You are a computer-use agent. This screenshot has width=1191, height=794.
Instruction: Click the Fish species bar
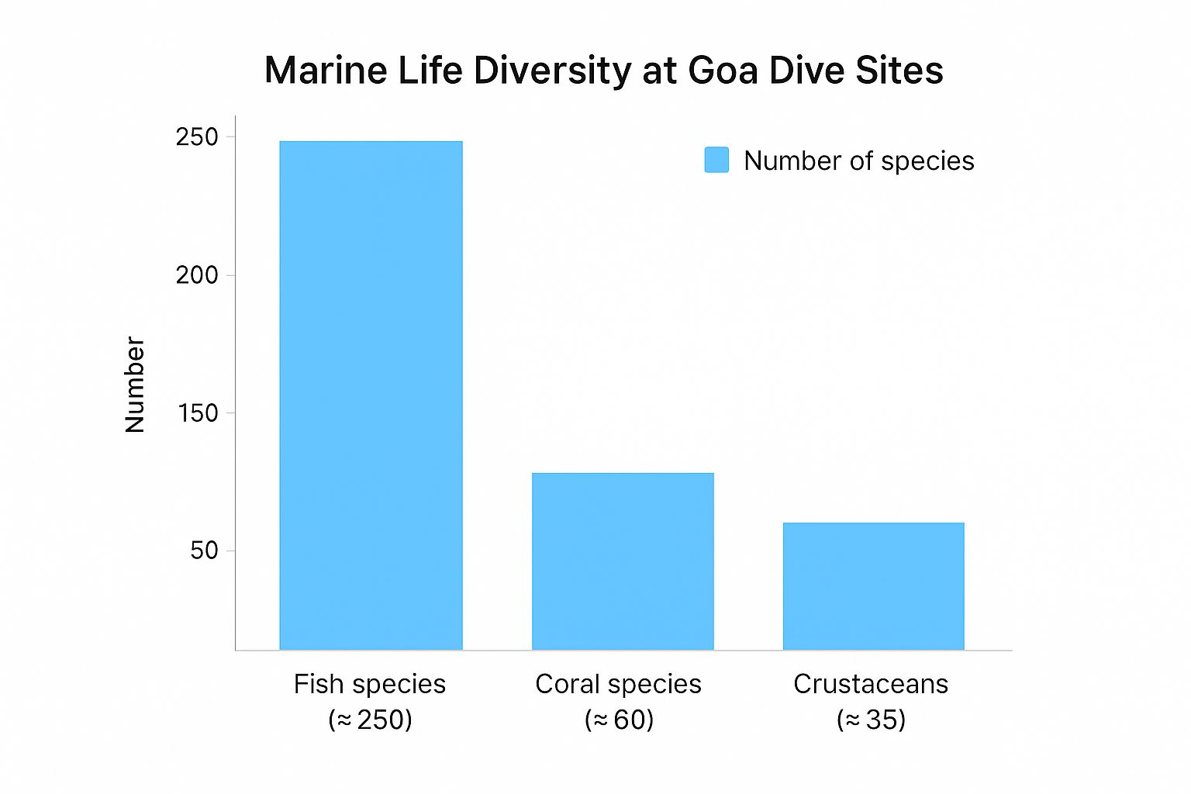click(x=371, y=395)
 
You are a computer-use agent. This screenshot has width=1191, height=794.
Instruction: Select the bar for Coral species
click(x=623, y=561)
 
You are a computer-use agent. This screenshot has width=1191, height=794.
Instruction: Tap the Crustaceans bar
click(x=873, y=586)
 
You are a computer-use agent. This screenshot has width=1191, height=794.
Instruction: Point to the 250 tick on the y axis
click(x=197, y=137)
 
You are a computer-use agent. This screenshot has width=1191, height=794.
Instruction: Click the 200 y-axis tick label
click(x=197, y=275)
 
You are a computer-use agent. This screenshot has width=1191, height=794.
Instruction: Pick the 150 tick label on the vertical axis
click(x=198, y=413)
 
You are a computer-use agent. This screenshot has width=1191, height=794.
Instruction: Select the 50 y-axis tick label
click(x=204, y=551)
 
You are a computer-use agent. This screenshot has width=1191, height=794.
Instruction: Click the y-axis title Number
click(x=135, y=385)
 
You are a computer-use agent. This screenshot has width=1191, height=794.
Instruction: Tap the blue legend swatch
click(x=716, y=160)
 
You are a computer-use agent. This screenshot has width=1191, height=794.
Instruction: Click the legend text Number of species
click(x=858, y=161)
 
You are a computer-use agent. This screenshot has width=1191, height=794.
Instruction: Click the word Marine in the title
click(x=325, y=71)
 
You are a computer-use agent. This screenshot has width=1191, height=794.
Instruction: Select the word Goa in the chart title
click(x=723, y=71)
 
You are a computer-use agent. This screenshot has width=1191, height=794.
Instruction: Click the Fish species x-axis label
click(x=370, y=684)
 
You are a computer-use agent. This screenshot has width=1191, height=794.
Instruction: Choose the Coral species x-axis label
click(x=618, y=684)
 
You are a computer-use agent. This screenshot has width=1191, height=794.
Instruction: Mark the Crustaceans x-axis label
click(x=871, y=684)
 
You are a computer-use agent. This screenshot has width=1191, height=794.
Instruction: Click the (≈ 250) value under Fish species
click(x=370, y=720)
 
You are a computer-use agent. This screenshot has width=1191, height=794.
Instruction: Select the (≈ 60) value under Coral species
click(x=619, y=720)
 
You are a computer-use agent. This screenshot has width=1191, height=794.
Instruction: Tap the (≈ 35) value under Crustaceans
click(x=871, y=720)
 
